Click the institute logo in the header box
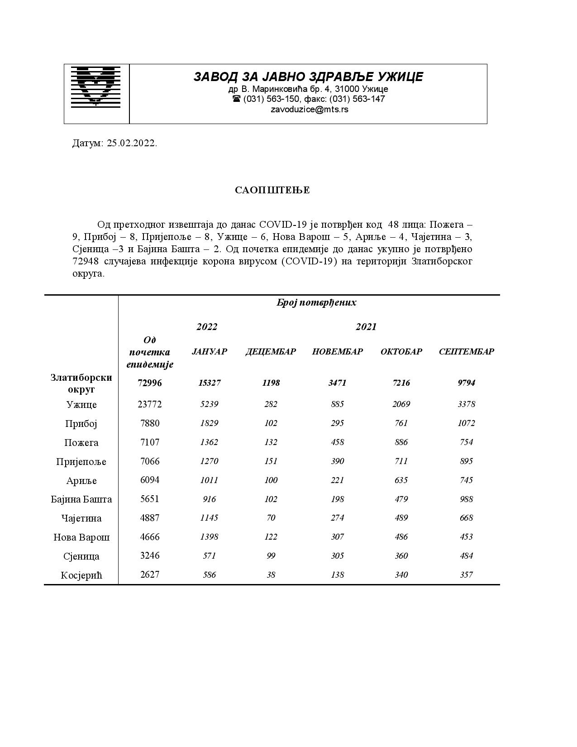[x=96, y=86]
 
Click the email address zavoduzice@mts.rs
[x=309, y=110]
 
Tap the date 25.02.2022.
[x=132, y=144]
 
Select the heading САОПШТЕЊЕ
[x=272, y=190]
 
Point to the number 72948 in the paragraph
[x=85, y=262]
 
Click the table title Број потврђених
[x=316, y=302]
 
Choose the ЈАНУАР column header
[x=209, y=352]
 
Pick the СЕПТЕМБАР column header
[x=466, y=352]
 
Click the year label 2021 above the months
[x=366, y=327]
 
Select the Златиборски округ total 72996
[x=149, y=383]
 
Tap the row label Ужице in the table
[x=81, y=405]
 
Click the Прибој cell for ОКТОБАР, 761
[x=401, y=423]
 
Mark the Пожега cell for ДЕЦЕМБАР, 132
[x=271, y=442]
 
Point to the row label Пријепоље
[x=81, y=462]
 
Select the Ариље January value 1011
[x=209, y=480]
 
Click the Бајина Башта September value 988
[x=466, y=499]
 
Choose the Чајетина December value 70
[x=271, y=518]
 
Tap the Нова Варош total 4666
[x=149, y=537]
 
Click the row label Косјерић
[x=81, y=575]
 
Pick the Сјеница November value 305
[x=337, y=556]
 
